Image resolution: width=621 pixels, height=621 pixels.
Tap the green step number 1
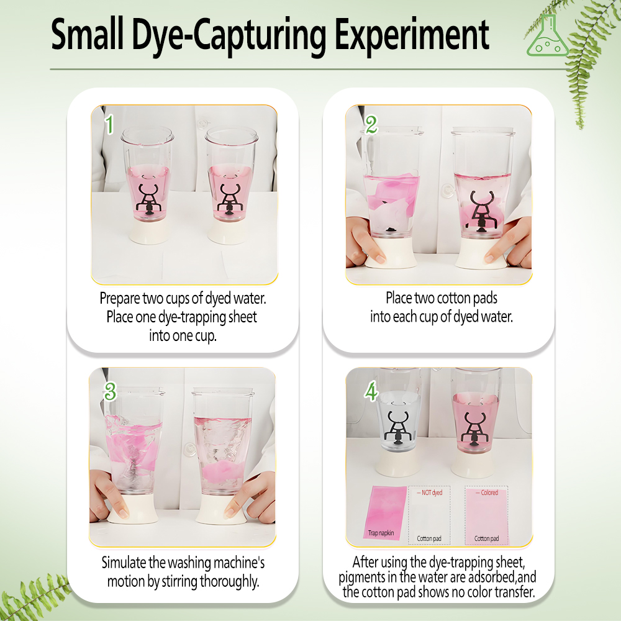coord(110,124)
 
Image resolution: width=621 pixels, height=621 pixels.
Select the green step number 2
coord(371,125)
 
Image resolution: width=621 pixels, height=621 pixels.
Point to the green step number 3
coord(110,392)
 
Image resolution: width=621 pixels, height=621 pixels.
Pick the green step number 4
coord(371,392)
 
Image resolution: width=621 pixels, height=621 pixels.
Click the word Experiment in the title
coord(412,35)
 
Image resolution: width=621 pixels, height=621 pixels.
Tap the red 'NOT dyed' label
coord(430,492)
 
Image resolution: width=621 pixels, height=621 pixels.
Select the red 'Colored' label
coord(487,492)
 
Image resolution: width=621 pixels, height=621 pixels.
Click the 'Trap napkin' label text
coord(381,533)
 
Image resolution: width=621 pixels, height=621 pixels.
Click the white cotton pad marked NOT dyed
coord(429,515)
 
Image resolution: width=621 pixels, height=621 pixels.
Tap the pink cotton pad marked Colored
coord(487,515)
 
